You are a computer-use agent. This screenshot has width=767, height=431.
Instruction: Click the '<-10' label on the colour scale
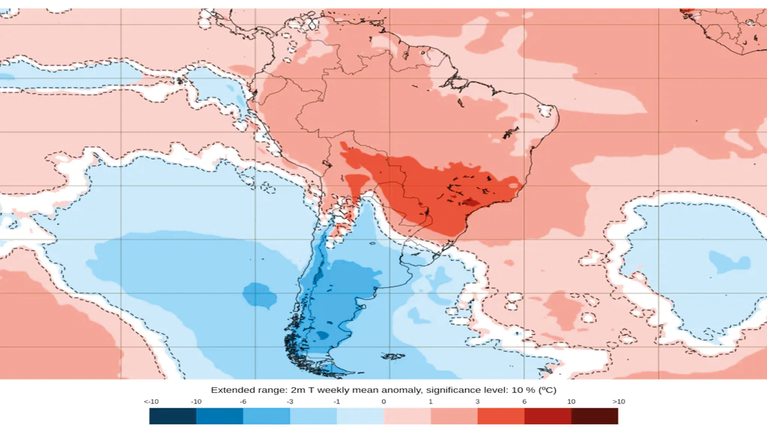pyautogui.click(x=150, y=402)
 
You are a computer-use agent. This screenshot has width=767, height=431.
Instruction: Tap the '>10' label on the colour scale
pyautogui.click(x=618, y=402)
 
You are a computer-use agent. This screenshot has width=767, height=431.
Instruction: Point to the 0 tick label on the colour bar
pyautogui.click(x=383, y=402)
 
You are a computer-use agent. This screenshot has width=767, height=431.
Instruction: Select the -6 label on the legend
pyautogui.click(x=243, y=402)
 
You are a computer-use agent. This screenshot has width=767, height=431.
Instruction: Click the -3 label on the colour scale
pyautogui.click(x=290, y=402)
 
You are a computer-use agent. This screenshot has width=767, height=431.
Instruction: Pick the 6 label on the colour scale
pyautogui.click(x=524, y=402)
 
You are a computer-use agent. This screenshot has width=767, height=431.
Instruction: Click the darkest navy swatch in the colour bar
pyautogui.click(x=173, y=416)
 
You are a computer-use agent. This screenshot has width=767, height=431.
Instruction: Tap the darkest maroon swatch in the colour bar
pyautogui.click(x=594, y=416)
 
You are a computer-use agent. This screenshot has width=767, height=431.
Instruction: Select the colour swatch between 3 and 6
pyautogui.click(x=501, y=416)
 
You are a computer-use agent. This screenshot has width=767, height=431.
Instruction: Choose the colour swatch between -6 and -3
pyautogui.click(x=267, y=416)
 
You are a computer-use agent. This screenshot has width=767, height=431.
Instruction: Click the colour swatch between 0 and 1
pyautogui.click(x=407, y=416)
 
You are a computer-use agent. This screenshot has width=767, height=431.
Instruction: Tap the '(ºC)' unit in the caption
pyautogui.click(x=546, y=390)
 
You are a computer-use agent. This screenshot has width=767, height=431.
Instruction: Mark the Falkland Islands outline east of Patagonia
pyautogui.click(x=393, y=357)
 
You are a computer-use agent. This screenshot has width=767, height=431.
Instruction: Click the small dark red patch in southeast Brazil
pyautogui.click(x=471, y=203)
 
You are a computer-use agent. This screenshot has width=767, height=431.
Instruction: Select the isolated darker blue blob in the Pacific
pyautogui.click(x=259, y=295)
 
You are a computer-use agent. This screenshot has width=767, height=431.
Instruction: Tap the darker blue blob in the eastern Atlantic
pyautogui.click(x=729, y=262)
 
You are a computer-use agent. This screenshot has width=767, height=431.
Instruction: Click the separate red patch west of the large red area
pyautogui.click(x=357, y=183)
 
